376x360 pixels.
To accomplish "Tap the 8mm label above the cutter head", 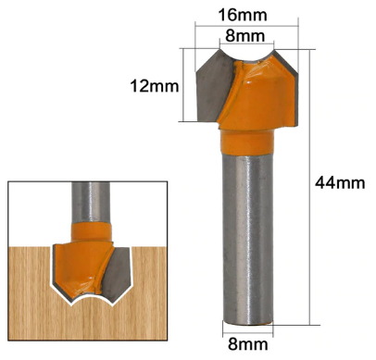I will (x=248, y=35).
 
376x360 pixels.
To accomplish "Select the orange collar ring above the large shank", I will (x=248, y=141).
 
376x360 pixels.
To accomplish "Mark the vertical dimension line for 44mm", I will (x=314, y=185).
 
